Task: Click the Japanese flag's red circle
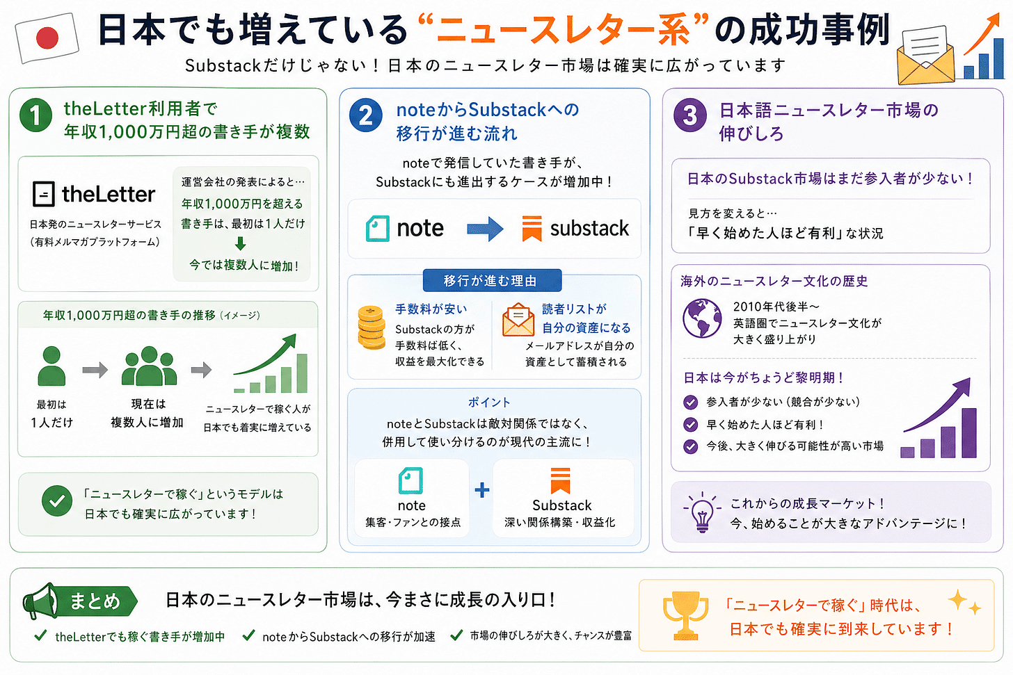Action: (47, 38)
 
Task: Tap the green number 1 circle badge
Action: (35, 115)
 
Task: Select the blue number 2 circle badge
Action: (366, 115)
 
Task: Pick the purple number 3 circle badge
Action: (690, 115)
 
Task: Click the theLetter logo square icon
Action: (44, 194)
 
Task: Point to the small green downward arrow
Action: (241, 243)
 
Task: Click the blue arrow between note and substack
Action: (485, 229)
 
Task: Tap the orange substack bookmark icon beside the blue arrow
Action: (532, 229)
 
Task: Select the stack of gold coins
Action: (372, 327)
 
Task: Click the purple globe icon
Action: (702, 318)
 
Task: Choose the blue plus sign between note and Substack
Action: (482, 490)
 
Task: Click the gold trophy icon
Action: (685, 615)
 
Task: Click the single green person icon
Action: (51, 366)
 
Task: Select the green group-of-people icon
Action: (149, 366)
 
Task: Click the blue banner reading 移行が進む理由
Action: (492, 281)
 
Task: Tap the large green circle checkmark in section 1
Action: (57, 501)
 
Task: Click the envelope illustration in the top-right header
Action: (926, 56)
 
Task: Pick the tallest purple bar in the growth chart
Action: (968, 433)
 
